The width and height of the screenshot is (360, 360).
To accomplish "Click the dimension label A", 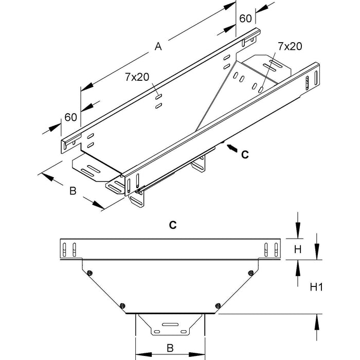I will (x=158, y=48).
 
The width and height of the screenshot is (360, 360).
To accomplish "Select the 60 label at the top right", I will (x=245, y=19).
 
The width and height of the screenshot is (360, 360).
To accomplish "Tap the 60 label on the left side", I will (x=70, y=117).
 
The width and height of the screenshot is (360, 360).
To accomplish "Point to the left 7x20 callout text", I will (x=136, y=77).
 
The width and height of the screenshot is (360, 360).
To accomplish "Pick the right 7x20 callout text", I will (x=290, y=46).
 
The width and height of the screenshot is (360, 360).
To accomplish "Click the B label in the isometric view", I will (x=73, y=191).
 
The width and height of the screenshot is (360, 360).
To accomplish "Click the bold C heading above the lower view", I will (x=173, y=225).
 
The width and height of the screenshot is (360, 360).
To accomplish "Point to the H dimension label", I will (x=297, y=250).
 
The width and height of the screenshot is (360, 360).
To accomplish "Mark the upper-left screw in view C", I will (x=89, y=273).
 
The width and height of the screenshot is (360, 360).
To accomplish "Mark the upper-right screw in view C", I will (x=250, y=273).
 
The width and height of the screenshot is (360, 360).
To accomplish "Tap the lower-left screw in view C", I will (x=122, y=306).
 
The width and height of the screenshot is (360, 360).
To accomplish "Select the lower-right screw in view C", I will (x=218, y=306).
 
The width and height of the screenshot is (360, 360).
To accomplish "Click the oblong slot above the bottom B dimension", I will (x=169, y=325).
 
